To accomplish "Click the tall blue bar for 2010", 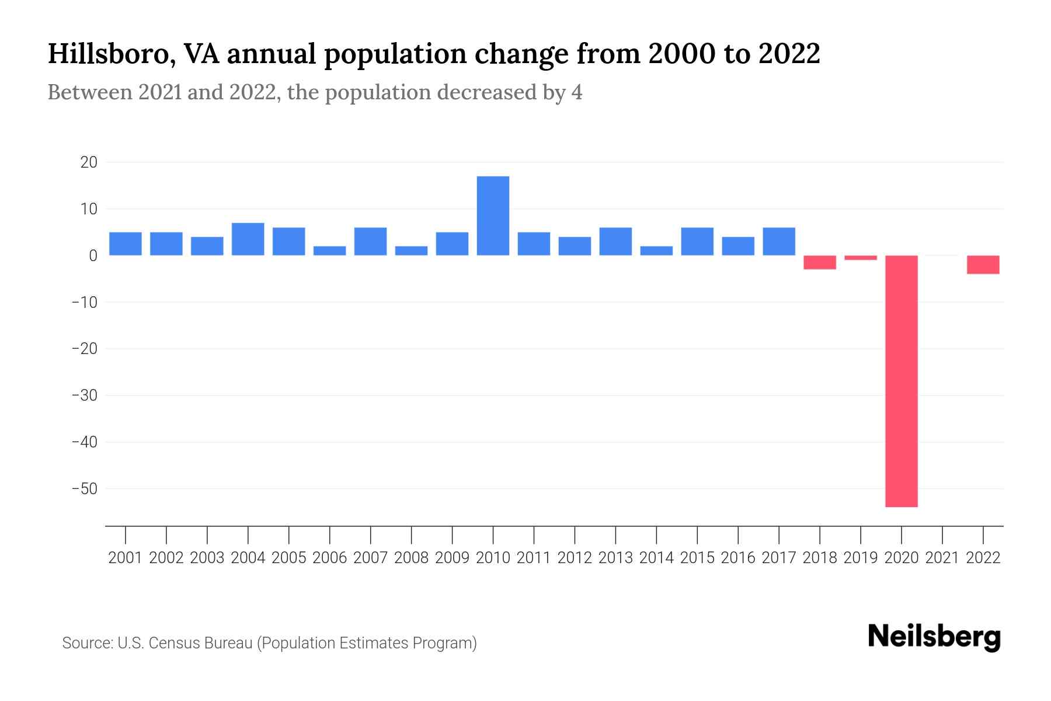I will [493, 216].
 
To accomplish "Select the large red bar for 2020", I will [901, 381].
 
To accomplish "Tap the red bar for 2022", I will [983, 265].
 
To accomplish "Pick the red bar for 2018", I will [819, 262].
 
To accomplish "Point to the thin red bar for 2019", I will [860, 258].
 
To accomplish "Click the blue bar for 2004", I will [248, 239].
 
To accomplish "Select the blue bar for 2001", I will [125, 244].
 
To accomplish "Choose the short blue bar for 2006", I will [329, 251].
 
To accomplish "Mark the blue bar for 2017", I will [778, 241].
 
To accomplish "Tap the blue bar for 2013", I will [615, 241].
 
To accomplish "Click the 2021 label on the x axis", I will [942, 558].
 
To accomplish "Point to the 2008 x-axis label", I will [411, 558].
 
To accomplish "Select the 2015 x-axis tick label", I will [697, 558].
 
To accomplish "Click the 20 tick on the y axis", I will [89, 162].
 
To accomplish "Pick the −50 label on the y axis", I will [84, 488].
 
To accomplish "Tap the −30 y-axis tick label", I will [84, 395].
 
